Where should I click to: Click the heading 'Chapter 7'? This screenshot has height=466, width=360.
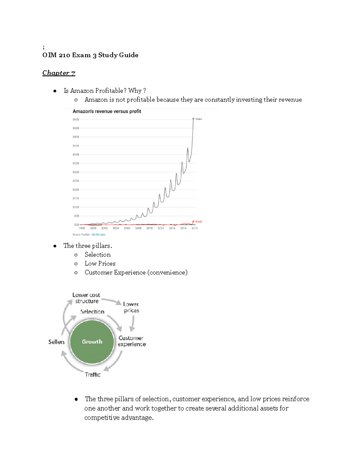[x=59, y=73]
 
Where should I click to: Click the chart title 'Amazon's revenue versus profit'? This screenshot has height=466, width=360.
[x=106, y=111]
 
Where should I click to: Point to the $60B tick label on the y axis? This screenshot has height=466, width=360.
[x=76, y=119]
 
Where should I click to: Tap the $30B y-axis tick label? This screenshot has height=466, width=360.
[x=76, y=172]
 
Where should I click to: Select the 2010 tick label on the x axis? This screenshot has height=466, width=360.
[x=149, y=228]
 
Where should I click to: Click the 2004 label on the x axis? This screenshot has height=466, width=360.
[x=116, y=228]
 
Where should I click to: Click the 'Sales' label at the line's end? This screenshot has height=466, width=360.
[x=199, y=119]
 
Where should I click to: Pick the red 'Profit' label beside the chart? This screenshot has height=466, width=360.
[x=199, y=222]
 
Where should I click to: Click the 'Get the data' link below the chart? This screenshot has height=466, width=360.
[x=98, y=235]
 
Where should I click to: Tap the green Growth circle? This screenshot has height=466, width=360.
[x=92, y=342]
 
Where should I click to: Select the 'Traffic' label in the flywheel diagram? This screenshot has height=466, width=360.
[x=92, y=374]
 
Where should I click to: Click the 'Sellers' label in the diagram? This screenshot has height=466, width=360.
[x=56, y=342]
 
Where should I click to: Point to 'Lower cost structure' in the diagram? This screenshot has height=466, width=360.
[x=86, y=298]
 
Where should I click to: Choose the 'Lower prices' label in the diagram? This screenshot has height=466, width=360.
[x=131, y=307]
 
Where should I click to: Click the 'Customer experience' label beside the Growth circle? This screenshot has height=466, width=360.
[x=131, y=341]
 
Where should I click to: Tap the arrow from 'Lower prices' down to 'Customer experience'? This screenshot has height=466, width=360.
[x=132, y=323]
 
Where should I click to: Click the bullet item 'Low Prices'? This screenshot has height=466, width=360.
[x=100, y=263]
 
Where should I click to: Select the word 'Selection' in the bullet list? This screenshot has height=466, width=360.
[x=97, y=254]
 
